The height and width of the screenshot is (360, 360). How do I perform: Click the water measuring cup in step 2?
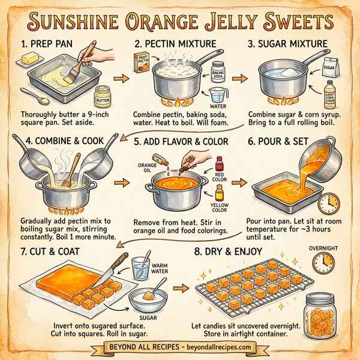click(x=218, y=95)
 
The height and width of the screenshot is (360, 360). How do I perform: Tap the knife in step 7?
click(x=114, y=268)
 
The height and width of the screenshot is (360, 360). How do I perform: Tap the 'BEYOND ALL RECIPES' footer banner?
click(x=179, y=347)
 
